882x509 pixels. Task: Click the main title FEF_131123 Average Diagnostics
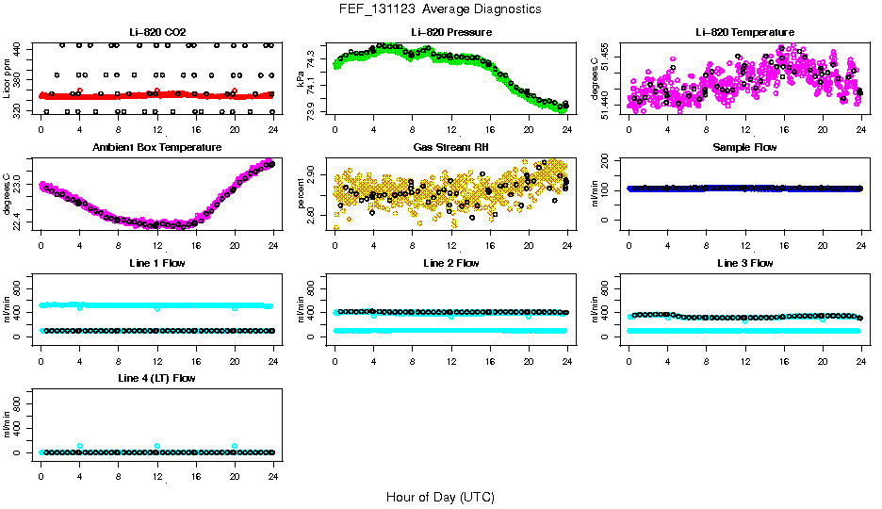pos(441,8)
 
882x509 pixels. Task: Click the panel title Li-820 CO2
pos(157,33)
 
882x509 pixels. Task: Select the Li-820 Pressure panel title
pos(451,33)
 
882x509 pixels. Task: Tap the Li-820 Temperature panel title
pos(744,33)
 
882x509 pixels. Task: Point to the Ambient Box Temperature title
pos(157,148)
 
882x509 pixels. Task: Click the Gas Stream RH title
pos(451,148)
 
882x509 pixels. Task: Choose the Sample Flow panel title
pos(744,148)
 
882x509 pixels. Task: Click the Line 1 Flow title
pos(157,263)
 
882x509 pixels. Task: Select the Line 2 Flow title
pos(451,263)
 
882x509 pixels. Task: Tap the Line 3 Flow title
pos(744,263)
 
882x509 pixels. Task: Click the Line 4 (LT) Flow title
pos(157,378)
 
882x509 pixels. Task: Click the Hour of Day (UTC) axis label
pos(440,497)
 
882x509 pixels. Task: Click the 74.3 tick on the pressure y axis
pos(312,59)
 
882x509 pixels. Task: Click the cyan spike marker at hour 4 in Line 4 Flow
pos(80,446)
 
